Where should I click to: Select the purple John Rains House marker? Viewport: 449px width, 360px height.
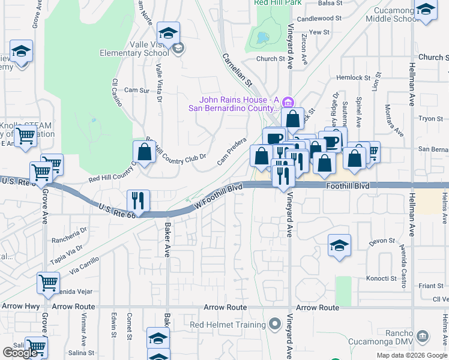pyautogui.click(x=288, y=100)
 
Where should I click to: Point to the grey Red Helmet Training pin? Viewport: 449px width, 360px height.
pyautogui.click(x=275, y=325)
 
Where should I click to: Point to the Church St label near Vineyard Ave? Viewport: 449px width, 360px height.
pyautogui.click(x=270, y=59)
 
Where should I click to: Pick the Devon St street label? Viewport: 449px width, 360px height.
pyautogui.click(x=381, y=241)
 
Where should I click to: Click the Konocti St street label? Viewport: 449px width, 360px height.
pyautogui.click(x=381, y=278)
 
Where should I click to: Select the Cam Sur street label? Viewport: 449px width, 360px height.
pyautogui.click(x=136, y=90)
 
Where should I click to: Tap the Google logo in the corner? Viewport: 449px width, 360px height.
pyautogui.click(x=20, y=353)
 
